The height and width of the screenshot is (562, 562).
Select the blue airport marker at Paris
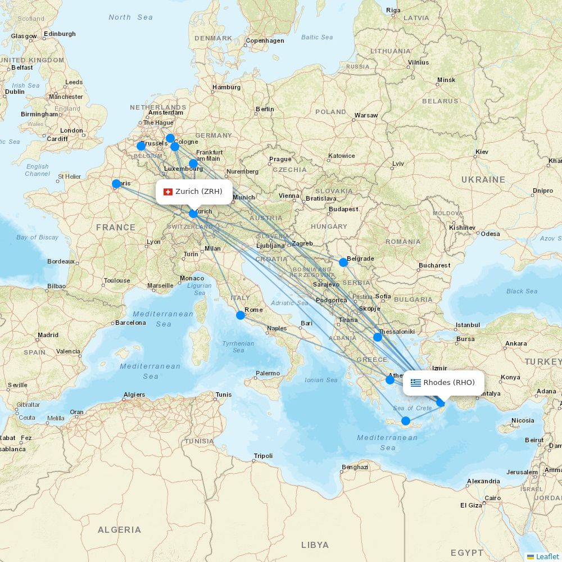tap(116, 184)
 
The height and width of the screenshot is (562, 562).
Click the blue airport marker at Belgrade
tap(343, 262)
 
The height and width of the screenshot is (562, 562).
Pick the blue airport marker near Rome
tap(241, 315)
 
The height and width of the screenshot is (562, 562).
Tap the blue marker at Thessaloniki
tap(378, 337)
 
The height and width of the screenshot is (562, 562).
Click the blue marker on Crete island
tap(406, 421)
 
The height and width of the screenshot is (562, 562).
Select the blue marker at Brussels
tap(141, 146)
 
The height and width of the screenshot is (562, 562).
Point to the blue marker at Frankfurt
tap(193, 164)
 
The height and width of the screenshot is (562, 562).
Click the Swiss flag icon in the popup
tap(167, 192)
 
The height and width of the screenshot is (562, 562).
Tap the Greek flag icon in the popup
tap(416, 383)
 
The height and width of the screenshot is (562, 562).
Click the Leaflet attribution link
tap(547, 556)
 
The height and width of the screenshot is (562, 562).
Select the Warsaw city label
tap(366, 116)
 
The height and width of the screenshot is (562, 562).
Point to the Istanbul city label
tap(468, 325)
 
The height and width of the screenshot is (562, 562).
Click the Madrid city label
tap(48, 335)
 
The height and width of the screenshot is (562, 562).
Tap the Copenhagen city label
tap(265, 40)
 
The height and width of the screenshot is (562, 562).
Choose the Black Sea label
tap(522, 291)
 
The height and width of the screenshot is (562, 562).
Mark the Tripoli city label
tap(263, 456)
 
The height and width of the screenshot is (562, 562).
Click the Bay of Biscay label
tap(37, 237)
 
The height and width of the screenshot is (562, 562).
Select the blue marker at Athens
tap(390, 380)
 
